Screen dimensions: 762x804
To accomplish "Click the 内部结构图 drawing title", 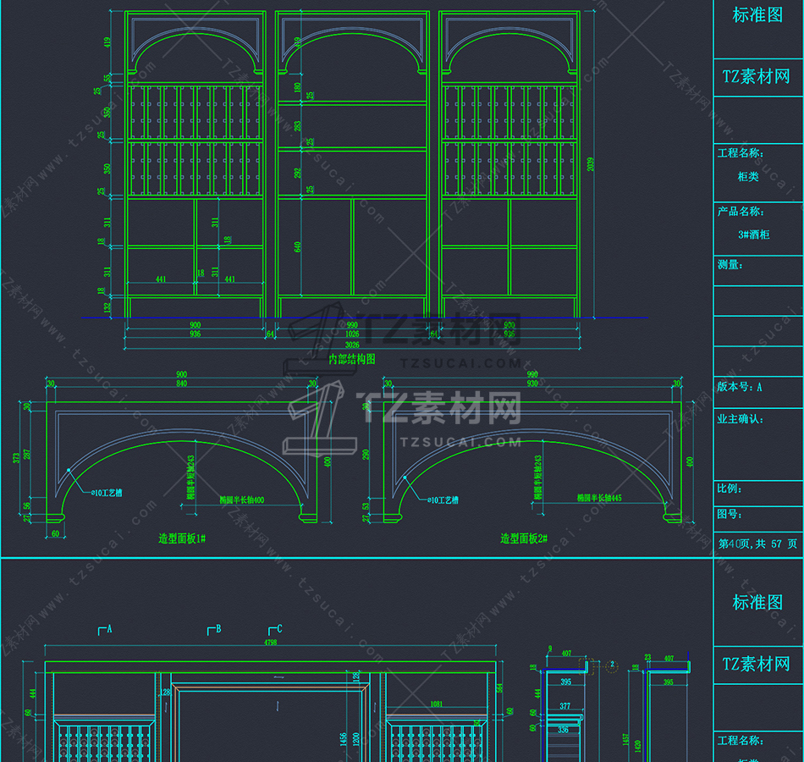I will pos(351,359).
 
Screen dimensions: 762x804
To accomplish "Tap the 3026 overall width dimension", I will pos(351,345).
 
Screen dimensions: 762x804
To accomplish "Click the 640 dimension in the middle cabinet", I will pos(298,246).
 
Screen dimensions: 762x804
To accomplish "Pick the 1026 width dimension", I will pos(352,334).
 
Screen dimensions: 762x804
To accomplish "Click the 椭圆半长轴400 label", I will pos(242,500).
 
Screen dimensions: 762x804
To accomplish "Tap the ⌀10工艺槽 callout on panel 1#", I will pos(106,492).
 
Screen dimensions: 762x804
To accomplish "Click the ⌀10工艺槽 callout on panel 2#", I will pos(439,500).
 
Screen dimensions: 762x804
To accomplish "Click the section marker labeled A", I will pos(106,629).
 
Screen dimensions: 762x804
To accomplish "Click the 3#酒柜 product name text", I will pos(754,235).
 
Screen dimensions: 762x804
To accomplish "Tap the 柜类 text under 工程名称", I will pos(748,177).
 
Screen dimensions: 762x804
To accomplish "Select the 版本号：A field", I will pos(740,387).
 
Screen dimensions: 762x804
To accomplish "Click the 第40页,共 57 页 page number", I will pos(757,544).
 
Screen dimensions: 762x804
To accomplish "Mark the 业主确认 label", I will pos(741,418).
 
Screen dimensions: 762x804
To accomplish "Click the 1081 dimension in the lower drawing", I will pos(437,704).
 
